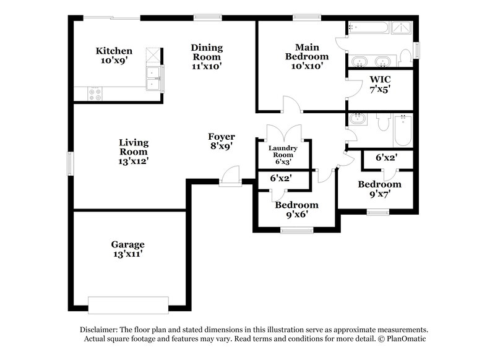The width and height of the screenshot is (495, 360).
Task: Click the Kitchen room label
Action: pos(114,51)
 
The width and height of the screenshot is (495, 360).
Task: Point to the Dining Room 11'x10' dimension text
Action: pos(206,65)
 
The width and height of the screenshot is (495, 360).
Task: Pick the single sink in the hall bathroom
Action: pos(357,119)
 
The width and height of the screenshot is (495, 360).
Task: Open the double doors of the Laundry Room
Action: pos(283,133)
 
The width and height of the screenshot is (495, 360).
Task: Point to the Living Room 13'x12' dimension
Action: pos(134,160)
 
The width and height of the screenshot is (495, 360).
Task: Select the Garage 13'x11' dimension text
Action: pos(129,254)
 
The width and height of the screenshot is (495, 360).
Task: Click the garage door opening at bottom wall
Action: pos(128,305)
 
